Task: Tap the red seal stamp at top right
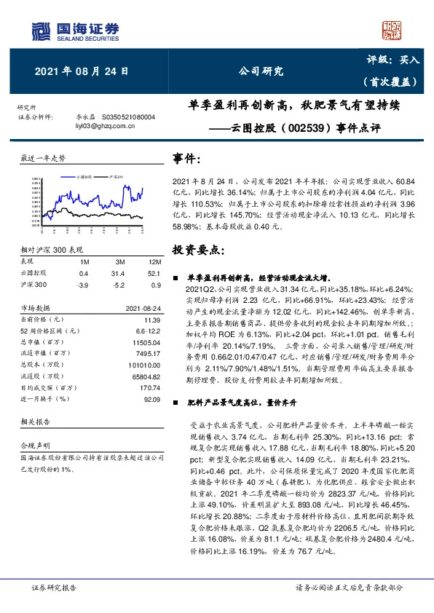click(x=392, y=29)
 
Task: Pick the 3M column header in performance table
click(x=119, y=261)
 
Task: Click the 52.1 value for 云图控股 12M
click(x=152, y=273)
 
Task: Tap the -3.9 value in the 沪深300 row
click(x=84, y=284)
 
